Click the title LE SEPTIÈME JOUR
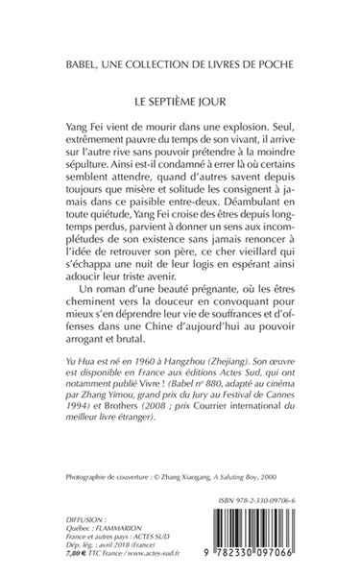[180, 99]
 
